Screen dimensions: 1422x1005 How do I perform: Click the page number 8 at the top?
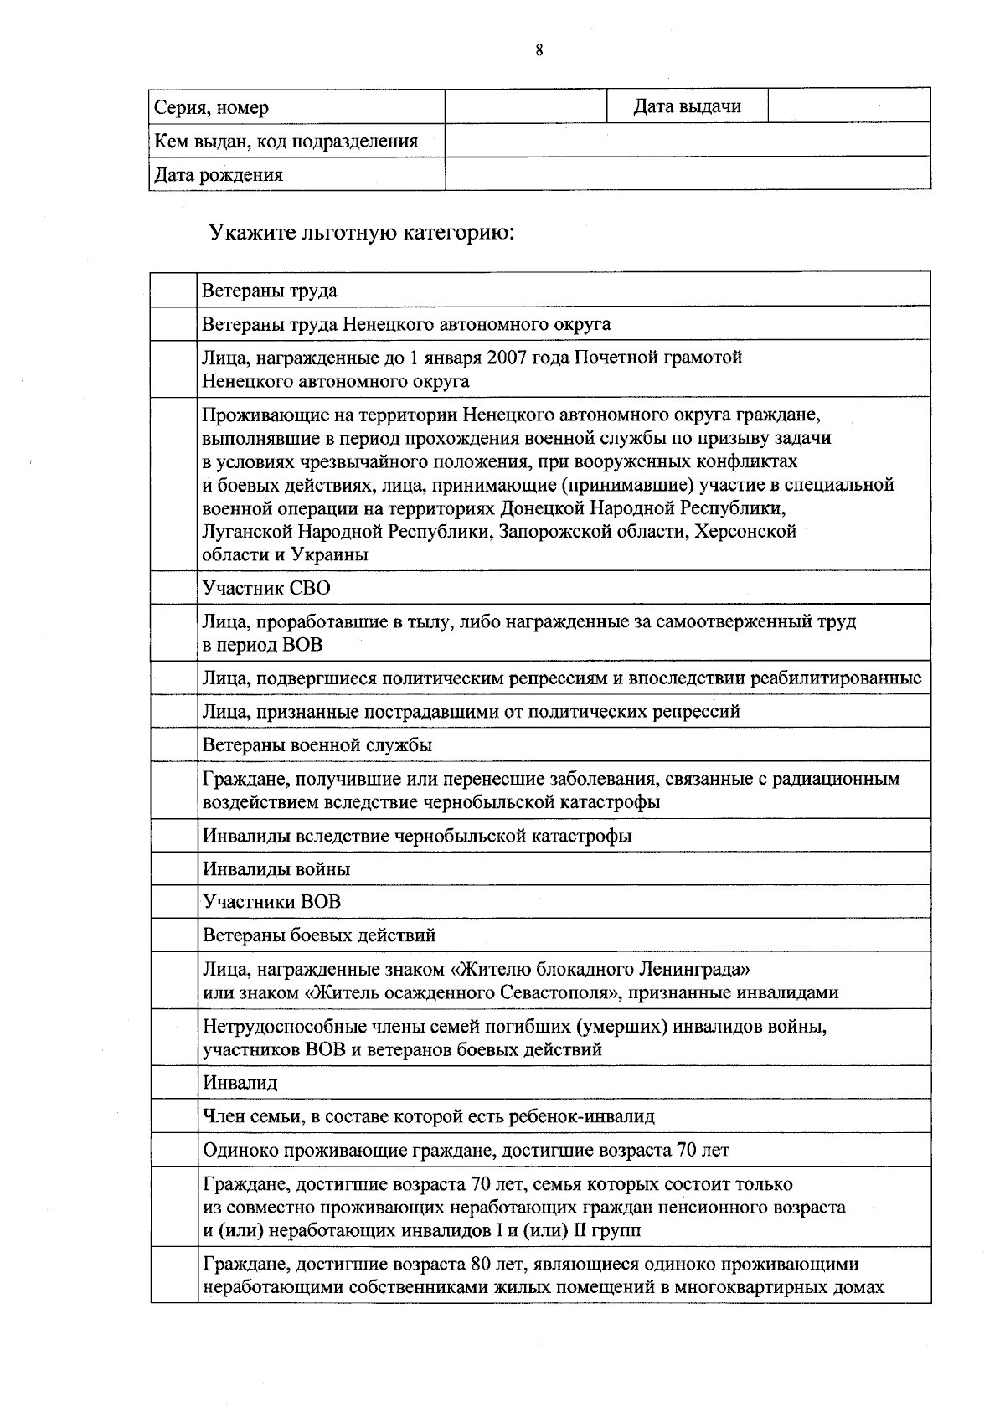tap(539, 50)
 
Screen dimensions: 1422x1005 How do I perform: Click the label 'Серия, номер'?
tap(211, 107)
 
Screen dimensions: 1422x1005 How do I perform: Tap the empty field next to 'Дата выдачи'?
tap(848, 106)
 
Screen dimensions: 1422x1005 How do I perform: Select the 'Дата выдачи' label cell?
tap(687, 106)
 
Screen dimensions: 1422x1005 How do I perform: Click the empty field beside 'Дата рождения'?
tap(687, 173)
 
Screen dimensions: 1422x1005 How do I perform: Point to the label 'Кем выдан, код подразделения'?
tap(286, 141)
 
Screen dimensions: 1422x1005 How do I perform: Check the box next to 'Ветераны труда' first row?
tap(174, 290)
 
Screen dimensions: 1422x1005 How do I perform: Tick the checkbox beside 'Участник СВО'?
tap(174, 588)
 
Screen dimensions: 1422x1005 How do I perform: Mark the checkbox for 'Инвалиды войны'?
tap(174, 868)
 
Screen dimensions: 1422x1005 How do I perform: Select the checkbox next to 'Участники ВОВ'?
tap(174, 902)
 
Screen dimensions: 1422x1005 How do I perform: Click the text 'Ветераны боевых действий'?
tap(319, 935)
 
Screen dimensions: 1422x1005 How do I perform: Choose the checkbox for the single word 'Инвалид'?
tap(174, 1082)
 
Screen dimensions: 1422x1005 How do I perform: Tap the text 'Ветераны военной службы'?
tap(317, 744)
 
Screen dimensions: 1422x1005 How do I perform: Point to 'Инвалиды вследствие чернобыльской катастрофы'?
tap(417, 835)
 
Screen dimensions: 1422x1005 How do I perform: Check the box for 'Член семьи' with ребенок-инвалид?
tap(174, 1115)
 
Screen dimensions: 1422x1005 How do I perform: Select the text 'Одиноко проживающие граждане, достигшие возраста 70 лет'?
tap(466, 1150)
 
